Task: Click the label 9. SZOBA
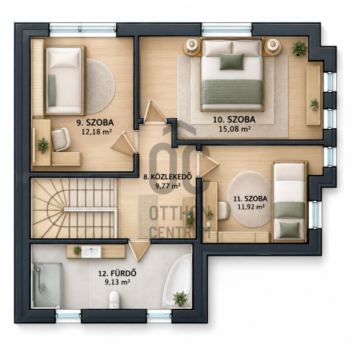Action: point(95,122)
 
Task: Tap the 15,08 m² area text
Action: point(235,129)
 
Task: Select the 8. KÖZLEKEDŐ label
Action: point(168,177)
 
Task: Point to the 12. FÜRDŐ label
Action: point(117,274)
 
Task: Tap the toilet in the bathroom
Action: point(114,300)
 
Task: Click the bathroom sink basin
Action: point(91,252)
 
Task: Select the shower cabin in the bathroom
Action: point(48,285)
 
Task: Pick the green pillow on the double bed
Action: point(231,62)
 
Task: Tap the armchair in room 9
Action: point(60,140)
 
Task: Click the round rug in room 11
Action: point(250,199)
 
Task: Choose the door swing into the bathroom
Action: point(140,250)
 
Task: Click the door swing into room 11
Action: point(207,165)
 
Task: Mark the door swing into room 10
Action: point(154,112)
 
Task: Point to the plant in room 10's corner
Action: point(299,48)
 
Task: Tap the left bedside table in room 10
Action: point(192,47)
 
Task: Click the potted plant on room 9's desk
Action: point(43,145)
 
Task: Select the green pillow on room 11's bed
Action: point(289,230)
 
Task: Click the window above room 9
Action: point(83,30)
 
